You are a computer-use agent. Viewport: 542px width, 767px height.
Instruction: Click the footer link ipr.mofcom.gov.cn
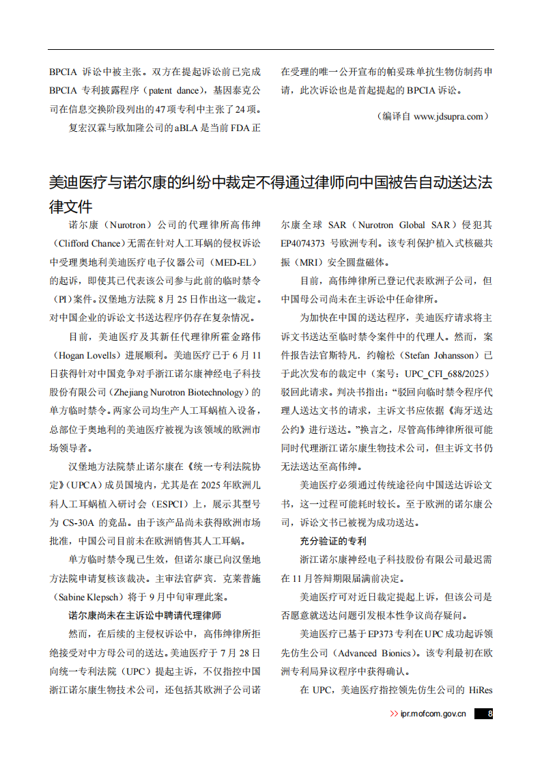coord(433,714)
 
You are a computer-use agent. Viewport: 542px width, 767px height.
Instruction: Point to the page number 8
coord(489,714)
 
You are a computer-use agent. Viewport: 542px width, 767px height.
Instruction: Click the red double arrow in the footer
coord(394,714)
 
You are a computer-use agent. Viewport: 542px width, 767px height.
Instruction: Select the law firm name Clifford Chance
coord(87,243)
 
